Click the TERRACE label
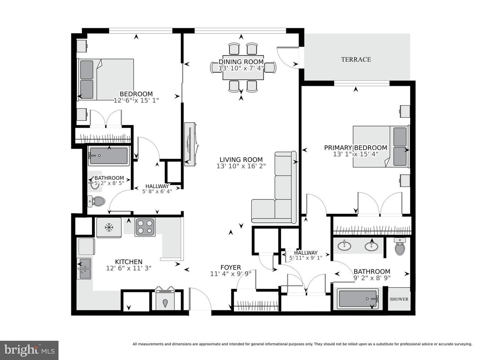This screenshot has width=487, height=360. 356,59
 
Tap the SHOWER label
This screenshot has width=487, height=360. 399,299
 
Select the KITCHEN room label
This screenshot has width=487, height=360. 129,262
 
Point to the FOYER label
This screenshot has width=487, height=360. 231,267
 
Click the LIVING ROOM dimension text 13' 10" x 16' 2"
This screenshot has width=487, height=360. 241,166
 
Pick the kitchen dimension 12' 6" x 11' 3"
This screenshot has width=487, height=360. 129,268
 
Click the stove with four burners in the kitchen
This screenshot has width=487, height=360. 145,227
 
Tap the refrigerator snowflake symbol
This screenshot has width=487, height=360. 109,227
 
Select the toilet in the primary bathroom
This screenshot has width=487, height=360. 399,247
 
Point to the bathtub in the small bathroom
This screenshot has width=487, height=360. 109,155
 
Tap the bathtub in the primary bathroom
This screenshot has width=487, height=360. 358,299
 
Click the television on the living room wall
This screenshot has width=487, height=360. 190,144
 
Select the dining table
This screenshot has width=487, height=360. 243,67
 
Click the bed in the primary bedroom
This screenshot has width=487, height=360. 381,146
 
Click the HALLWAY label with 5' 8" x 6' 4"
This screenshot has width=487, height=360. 157,189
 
